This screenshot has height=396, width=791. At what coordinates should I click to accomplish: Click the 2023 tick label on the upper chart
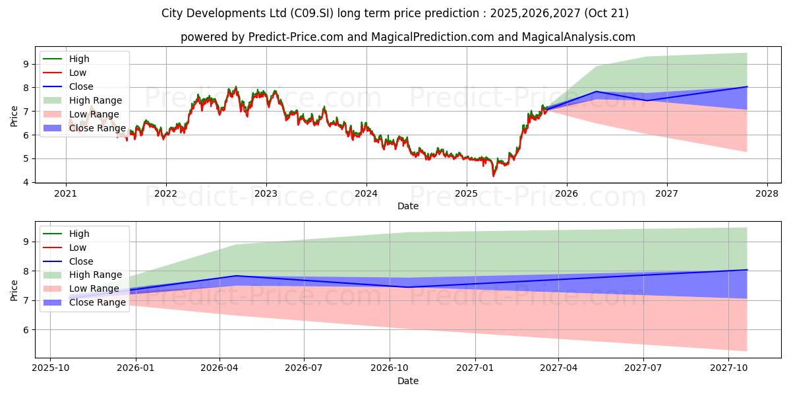coord(266,193)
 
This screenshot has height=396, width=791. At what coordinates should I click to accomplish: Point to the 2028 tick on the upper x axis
coord(767,193)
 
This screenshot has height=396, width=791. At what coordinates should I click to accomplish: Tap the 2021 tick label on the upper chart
coord(65,193)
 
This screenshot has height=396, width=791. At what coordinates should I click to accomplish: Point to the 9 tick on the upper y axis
coord(25,64)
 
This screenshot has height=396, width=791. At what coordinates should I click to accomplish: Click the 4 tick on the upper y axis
coord(25,182)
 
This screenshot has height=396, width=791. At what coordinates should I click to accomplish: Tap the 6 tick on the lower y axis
coord(25,330)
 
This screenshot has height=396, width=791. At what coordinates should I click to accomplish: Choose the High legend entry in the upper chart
coord(79,59)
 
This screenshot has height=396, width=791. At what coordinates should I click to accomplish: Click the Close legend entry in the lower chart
coord(81,261)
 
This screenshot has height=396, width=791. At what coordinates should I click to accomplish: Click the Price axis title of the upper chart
coord(15,116)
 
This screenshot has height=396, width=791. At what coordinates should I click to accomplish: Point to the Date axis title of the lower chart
coord(407,381)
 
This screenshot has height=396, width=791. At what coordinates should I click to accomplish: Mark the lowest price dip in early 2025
coord(493,176)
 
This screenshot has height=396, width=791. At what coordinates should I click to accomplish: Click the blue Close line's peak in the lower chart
coord(236,276)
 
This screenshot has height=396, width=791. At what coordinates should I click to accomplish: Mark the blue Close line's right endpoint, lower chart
coord(747,270)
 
